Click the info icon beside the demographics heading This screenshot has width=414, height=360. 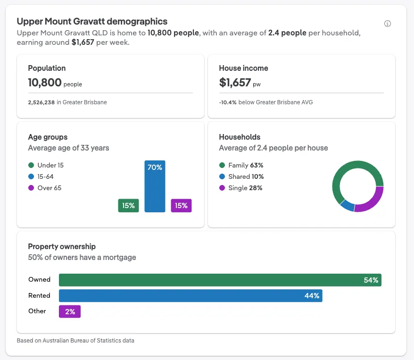pyautogui.click(x=388, y=24)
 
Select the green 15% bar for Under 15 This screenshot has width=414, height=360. pyautogui.click(x=128, y=206)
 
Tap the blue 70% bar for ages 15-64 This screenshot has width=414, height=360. pyautogui.click(x=155, y=186)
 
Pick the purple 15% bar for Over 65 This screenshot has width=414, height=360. pyautogui.click(x=181, y=206)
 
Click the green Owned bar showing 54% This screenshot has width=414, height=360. pyautogui.click(x=220, y=280)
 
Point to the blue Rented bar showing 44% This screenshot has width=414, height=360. pyautogui.click(x=190, y=296)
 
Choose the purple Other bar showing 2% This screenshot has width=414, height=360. pyautogui.click(x=70, y=311)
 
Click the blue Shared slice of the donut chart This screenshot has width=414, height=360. pyautogui.click(x=347, y=205)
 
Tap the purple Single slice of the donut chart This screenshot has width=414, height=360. pyautogui.click(x=370, y=201)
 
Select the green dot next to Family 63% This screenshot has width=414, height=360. pyautogui.click(x=222, y=166)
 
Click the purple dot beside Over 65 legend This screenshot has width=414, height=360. pyautogui.click(x=31, y=188)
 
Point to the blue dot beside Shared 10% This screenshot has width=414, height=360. pyautogui.click(x=222, y=177)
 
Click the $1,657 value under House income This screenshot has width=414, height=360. pyautogui.click(x=235, y=83)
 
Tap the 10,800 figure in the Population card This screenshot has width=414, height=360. pyautogui.click(x=45, y=83)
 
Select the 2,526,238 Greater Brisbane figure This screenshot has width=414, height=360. pyautogui.click(x=41, y=102)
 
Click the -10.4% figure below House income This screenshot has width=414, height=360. pyautogui.click(x=228, y=102)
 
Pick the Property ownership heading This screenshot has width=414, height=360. pyautogui.click(x=62, y=246)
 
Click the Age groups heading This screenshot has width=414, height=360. pyautogui.click(x=48, y=137)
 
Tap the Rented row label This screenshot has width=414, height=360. pyautogui.click(x=39, y=296)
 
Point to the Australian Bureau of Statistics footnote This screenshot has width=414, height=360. pyautogui.click(x=75, y=340)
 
